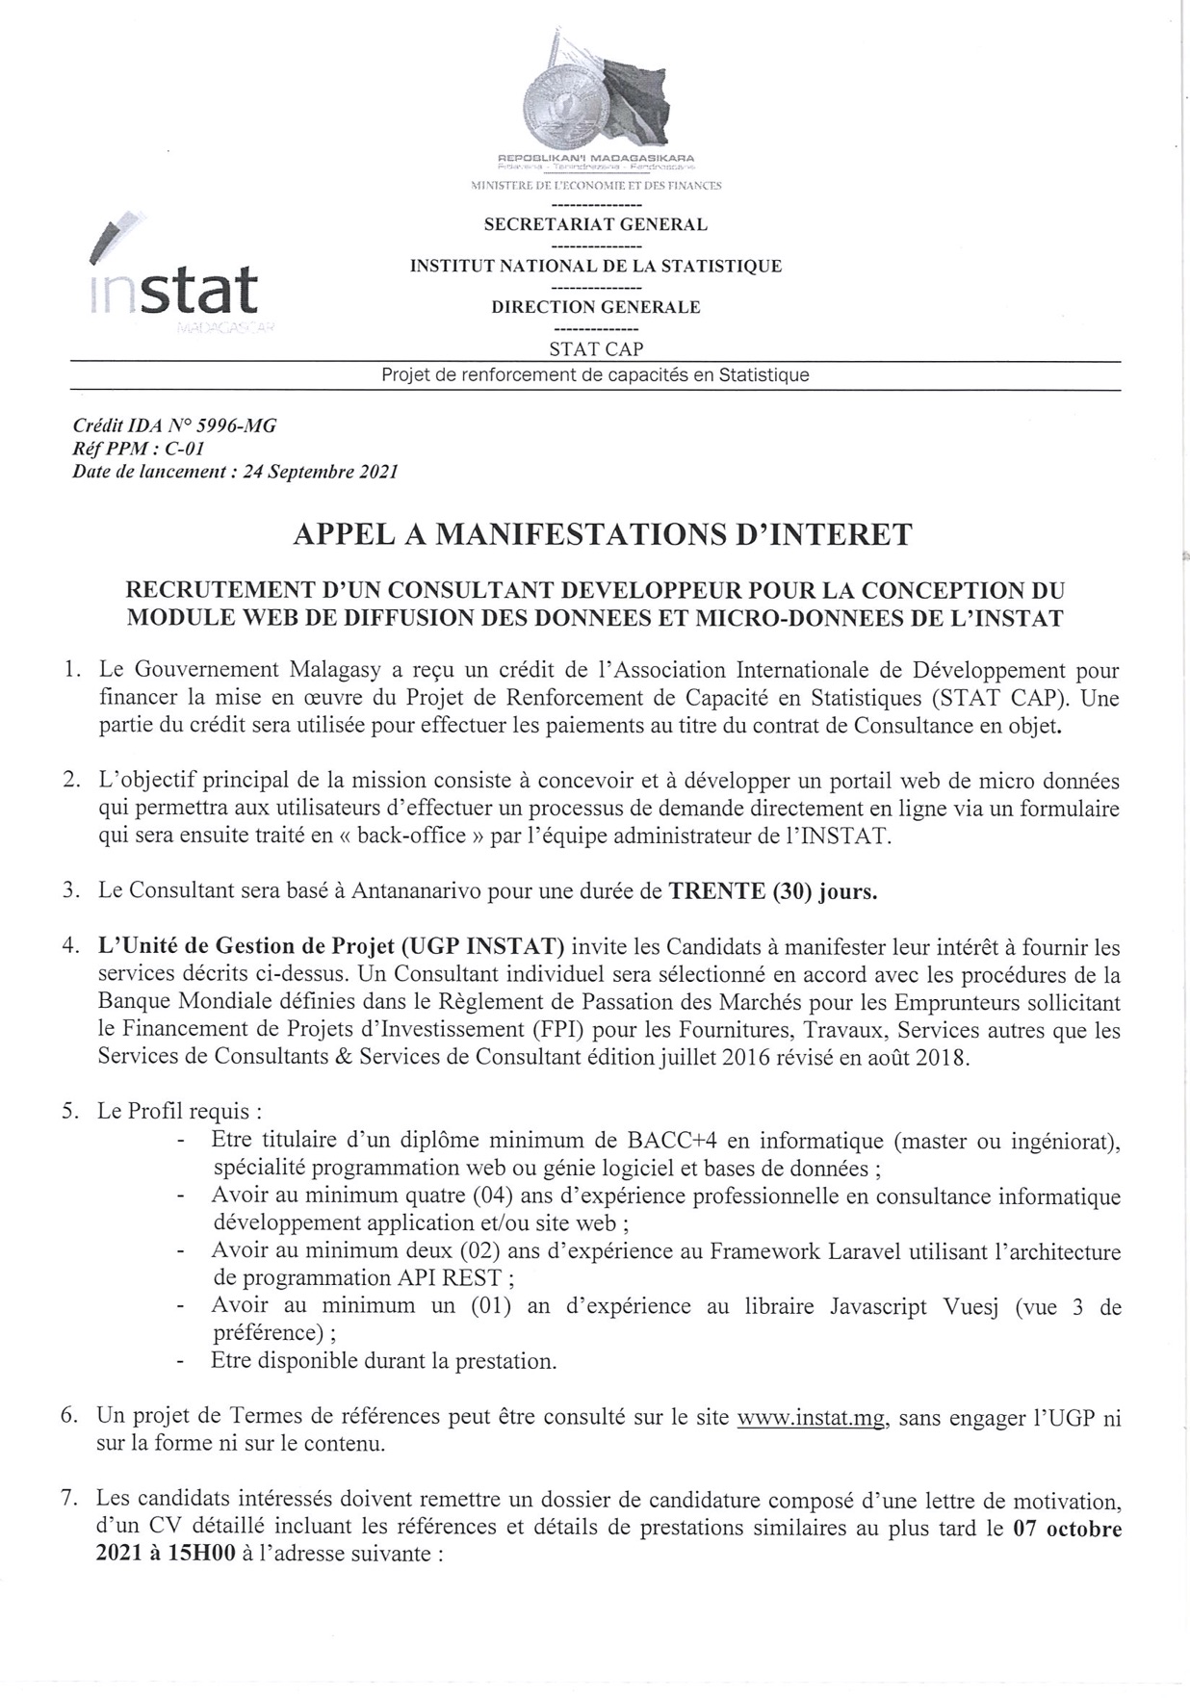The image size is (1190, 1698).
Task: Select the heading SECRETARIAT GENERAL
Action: [x=595, y=224]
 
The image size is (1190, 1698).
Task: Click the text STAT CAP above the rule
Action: [x=596, y=348]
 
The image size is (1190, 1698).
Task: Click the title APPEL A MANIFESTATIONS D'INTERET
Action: [x=602, y=534]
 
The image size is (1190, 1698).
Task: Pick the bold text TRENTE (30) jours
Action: [x=773, y=891]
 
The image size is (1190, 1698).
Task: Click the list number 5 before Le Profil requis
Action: [x=69, y=1111]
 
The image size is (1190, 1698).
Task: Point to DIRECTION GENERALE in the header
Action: [x=596, y=307]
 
